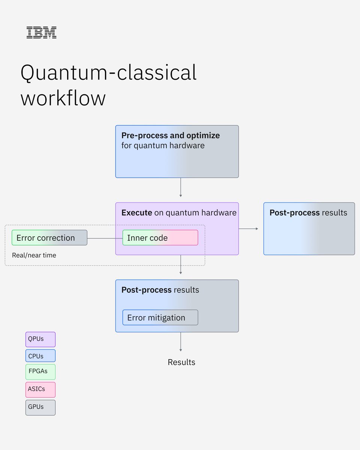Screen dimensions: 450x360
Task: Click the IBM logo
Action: [x=41, y=32]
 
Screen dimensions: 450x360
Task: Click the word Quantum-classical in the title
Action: [x=108, y=72]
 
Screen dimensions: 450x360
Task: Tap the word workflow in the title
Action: [x=63, y=98]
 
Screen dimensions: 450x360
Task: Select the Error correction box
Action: [x=49, y=238]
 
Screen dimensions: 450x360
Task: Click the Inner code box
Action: [x=160, y=238]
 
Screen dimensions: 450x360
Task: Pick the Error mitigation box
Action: [x=160, y=318]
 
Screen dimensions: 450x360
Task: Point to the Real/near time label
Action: [x=34, y=255]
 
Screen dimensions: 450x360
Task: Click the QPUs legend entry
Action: [x=40, y=339]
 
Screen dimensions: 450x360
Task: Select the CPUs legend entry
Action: [x=40, y=356]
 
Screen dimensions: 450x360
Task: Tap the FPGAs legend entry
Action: [x=40, y=372]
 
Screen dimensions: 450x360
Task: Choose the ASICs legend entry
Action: [x=40, y=389]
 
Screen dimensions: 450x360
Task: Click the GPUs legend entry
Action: [x=40, y=407]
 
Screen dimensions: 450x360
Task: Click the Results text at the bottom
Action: [x=181, y=362]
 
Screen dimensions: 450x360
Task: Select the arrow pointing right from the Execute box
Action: [x=248, y=228]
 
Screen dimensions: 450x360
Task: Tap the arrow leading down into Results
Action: [x=181, y=342]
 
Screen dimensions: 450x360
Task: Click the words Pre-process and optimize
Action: [x=171, y=135]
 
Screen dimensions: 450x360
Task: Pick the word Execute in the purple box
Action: [x=137, y=213]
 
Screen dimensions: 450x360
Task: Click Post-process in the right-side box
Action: [x=294, y=213]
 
